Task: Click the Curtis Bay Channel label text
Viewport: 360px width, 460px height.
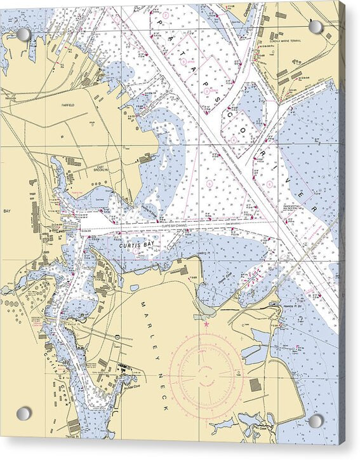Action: [175, 226]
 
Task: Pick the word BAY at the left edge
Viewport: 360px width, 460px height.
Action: [8, 210]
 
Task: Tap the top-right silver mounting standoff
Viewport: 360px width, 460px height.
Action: [316, 27]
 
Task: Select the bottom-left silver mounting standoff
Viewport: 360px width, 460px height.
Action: [23, 414]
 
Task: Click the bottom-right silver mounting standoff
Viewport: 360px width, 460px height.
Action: [316, 421]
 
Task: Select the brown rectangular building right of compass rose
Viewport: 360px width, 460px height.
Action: [255, 385]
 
